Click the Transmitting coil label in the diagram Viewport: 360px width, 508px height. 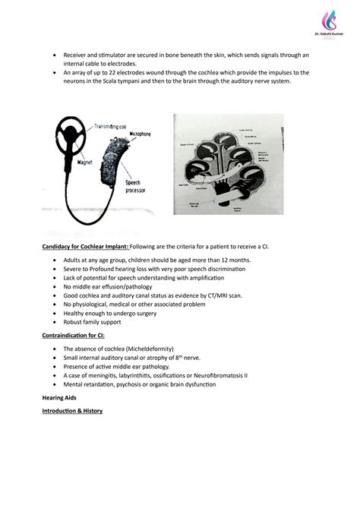112,126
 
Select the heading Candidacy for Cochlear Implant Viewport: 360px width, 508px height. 84,248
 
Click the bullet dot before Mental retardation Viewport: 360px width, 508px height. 55,384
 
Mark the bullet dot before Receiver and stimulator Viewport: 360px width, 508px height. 55,55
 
